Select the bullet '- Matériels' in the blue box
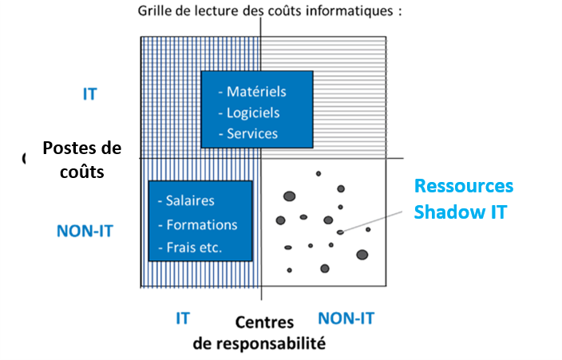point(255,92)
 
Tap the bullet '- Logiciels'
point(252,113)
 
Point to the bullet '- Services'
point(251,133)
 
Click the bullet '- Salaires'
point(187,201)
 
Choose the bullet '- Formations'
point(198,224)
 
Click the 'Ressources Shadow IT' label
point(463,198)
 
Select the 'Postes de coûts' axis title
point(81,160)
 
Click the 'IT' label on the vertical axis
point(89,93)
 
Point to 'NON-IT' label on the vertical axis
point(85,231)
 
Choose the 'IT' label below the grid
point(182,318)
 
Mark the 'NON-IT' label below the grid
point(346,318)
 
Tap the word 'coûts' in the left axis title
point(81,171)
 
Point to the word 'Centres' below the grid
point(264,322)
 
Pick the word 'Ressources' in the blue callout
point(463,186)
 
